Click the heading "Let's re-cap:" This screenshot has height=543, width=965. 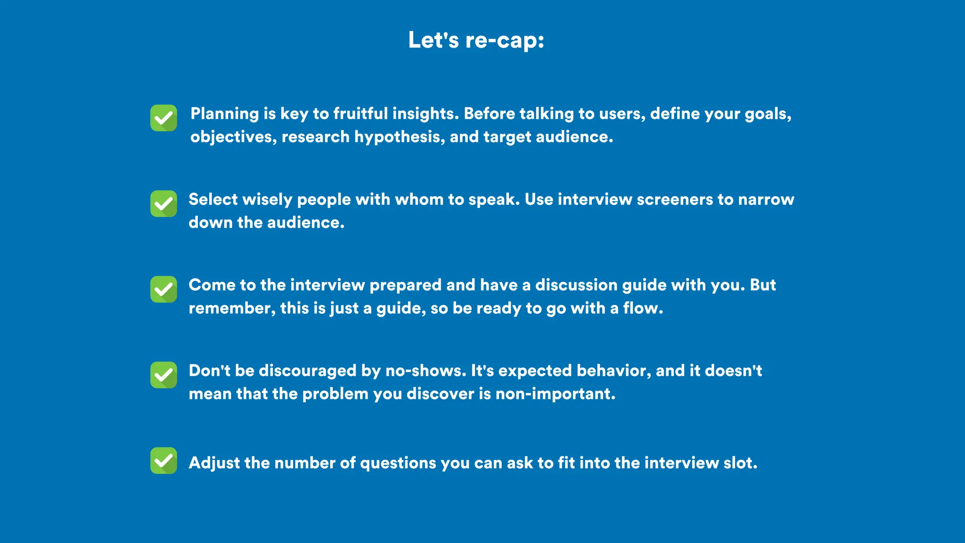coord(476,40)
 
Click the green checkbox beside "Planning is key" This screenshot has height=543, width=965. coord(164,118)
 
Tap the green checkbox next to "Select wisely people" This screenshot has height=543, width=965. coord(164,204)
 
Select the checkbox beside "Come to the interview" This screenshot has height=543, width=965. coord(164,289)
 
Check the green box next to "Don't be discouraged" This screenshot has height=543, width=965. coord(164,375)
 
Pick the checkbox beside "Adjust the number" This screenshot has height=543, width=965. coord(164,461)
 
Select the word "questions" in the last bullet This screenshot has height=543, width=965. coord(398,463)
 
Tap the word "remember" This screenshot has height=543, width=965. coord(230,308)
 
